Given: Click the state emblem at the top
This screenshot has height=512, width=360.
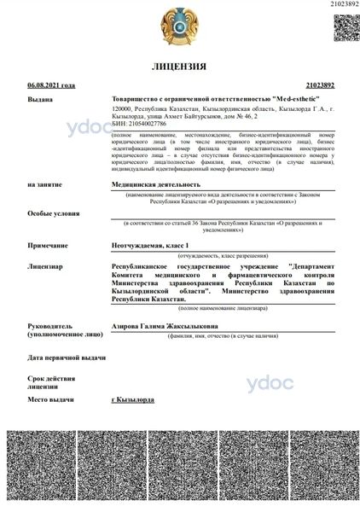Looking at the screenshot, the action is click(x=179, y=26).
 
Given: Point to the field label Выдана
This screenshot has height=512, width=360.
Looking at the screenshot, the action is click(x=39, y=100).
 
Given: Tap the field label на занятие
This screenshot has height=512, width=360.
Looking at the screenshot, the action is click(x=44, y=184).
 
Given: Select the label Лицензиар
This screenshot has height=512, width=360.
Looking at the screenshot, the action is click(x=44, y=266).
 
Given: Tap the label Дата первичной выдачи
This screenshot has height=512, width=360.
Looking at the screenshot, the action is click(x=67, y=357).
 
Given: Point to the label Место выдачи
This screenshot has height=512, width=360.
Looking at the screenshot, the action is click(x=49, y=399).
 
